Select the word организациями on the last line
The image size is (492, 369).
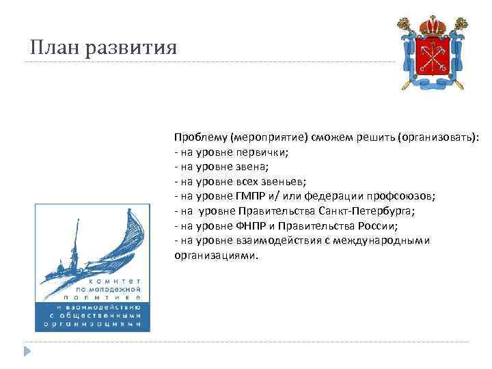point(216,256)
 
